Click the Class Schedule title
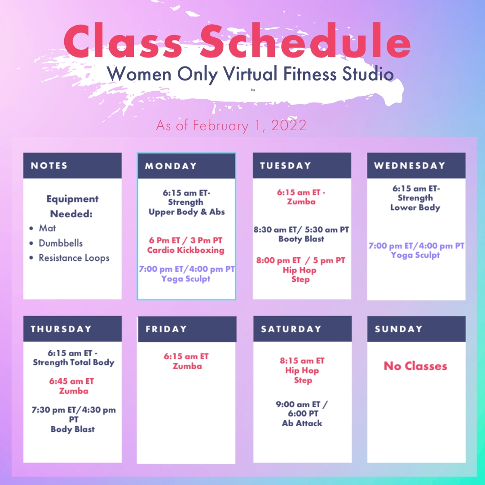(237, 40)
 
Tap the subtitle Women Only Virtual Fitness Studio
(250, 75)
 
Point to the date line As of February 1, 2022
(231, 126)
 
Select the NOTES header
(49, 165)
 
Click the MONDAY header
(171, 166)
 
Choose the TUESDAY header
(285, 165)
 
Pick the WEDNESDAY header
(410, 165)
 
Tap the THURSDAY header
(61, 329)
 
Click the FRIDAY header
(166, 329)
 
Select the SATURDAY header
(291, 329)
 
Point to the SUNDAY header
(398, 329)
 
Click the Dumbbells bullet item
(61, 243)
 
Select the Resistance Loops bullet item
(74, 258)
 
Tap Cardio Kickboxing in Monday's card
(185, 250)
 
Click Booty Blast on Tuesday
(301, 239)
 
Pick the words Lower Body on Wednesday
(415, 207)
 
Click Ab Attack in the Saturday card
(302, 423)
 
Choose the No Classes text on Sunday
(415, 366)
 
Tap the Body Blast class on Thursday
(73, 429)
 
